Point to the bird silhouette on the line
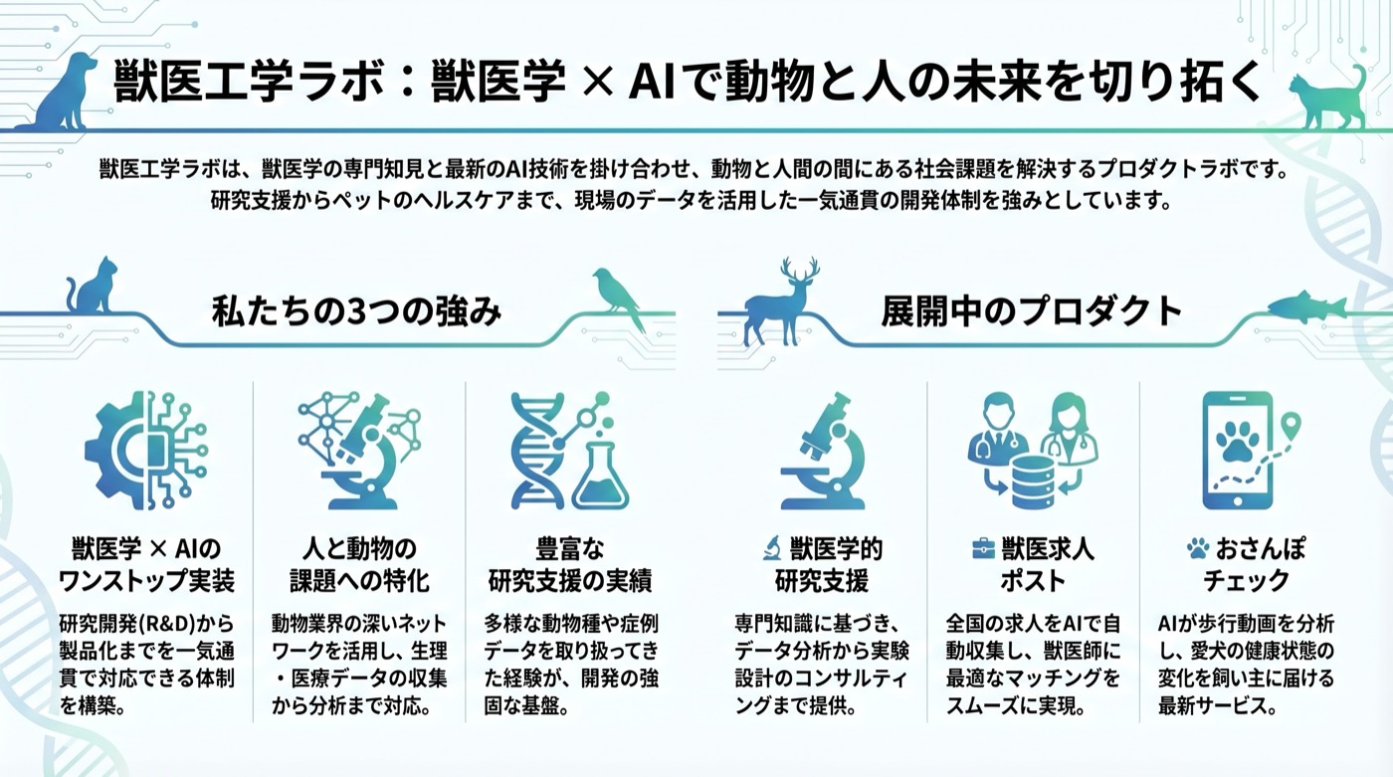[618, 296]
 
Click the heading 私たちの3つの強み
[356, 312]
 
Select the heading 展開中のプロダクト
[1031, 312]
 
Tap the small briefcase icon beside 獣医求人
[982, 548]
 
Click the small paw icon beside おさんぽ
[1197, 548]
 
